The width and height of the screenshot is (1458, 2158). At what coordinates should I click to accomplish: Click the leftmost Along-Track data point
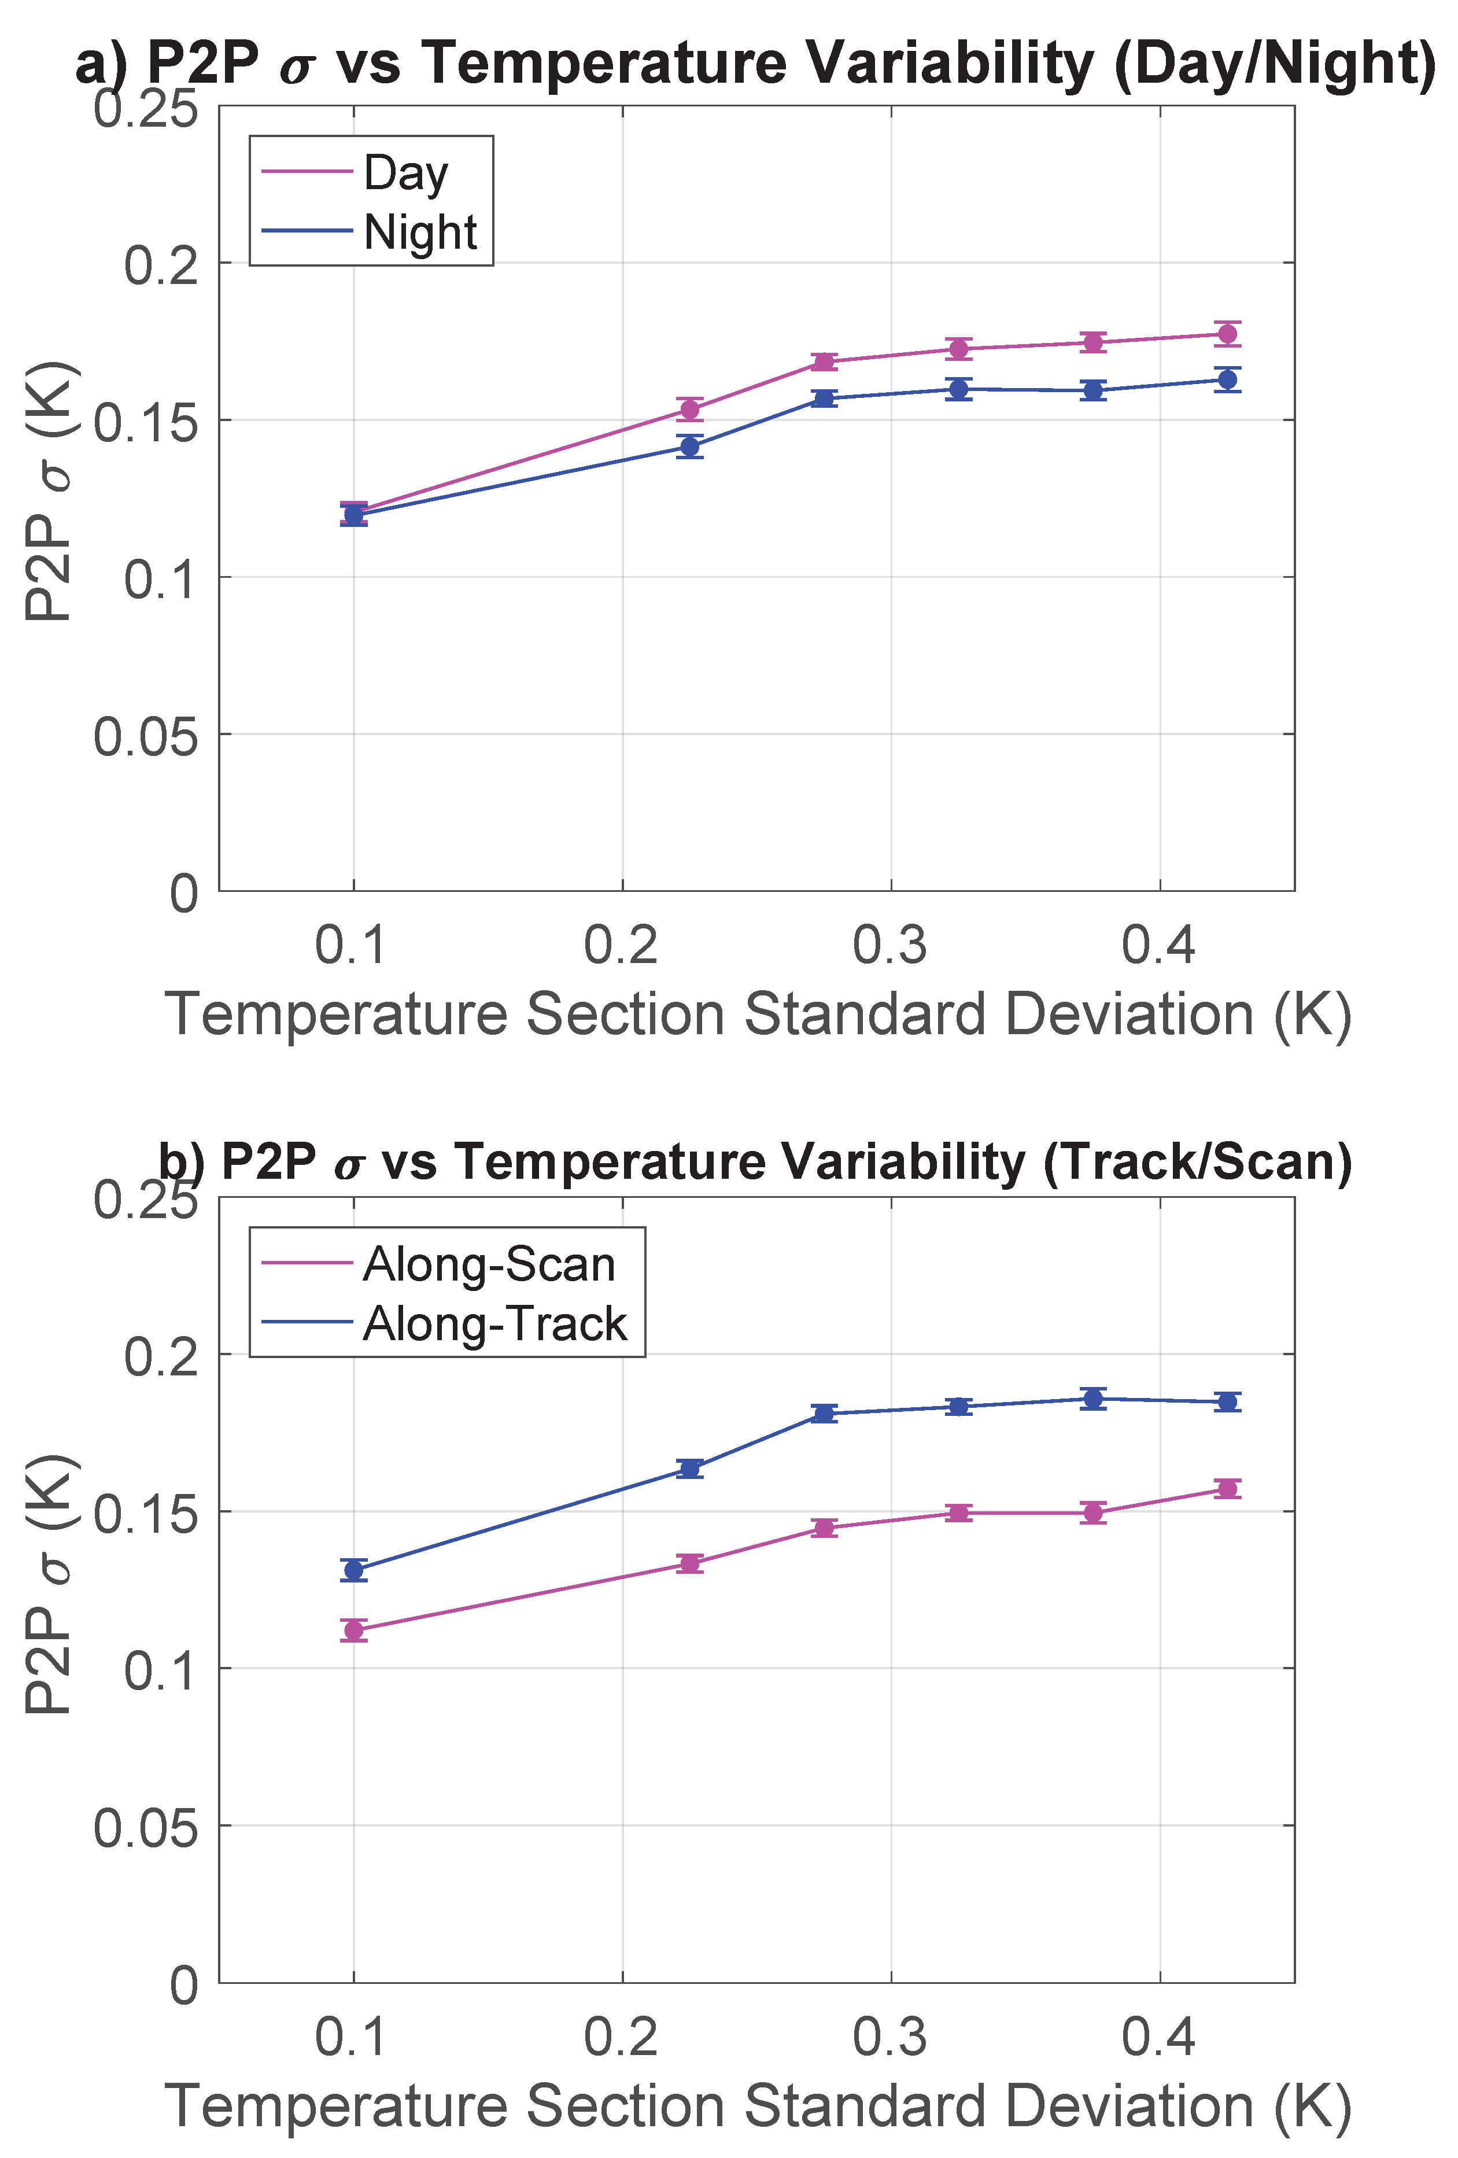[354, 1570]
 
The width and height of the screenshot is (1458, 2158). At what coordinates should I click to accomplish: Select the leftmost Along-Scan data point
[354, 1631]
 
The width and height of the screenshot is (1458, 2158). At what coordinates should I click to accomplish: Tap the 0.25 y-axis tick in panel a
[146, 109]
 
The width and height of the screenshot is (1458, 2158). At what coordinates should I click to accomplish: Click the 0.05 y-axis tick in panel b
[146, 1827]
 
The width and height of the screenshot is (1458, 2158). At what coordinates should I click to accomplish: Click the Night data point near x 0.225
[689, 447]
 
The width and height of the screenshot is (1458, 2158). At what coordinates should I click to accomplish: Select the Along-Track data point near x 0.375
[1093, 1399]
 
